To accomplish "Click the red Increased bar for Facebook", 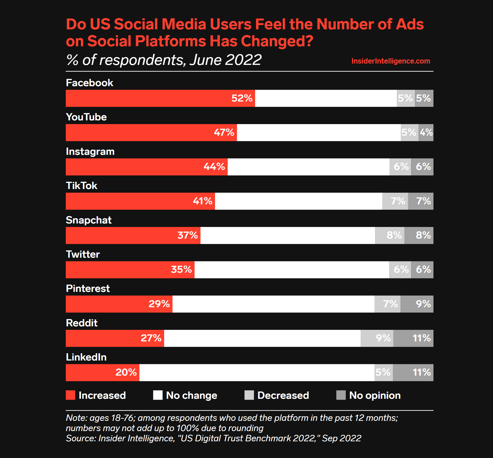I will [x=148, y=98].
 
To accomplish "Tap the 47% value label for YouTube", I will [x=224, y=132].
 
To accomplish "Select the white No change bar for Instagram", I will [x=308, y=167].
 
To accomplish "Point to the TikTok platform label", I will [x=82, y=186].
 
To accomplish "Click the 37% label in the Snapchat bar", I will [x=188, y=235].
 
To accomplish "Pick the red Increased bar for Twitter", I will [x=118, y=270].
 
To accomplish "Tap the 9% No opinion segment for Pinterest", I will [x=417, y=304].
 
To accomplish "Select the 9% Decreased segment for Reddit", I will [x=377, y=338].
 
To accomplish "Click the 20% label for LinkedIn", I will [x=126, y=372].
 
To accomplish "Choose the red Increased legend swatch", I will [x=71, y=395].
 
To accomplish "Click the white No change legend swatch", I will [x=158, y=395].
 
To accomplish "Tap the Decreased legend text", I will [x=283, y=395].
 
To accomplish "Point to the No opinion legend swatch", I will [x=341, y=395].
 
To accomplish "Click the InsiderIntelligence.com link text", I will [x=391, y=61].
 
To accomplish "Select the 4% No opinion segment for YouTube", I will [x=426, y=132].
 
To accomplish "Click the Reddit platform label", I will [x=82, y=323].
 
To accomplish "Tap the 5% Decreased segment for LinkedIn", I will [x=383, y=372].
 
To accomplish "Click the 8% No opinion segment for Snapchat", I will [x=419, y=235].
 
